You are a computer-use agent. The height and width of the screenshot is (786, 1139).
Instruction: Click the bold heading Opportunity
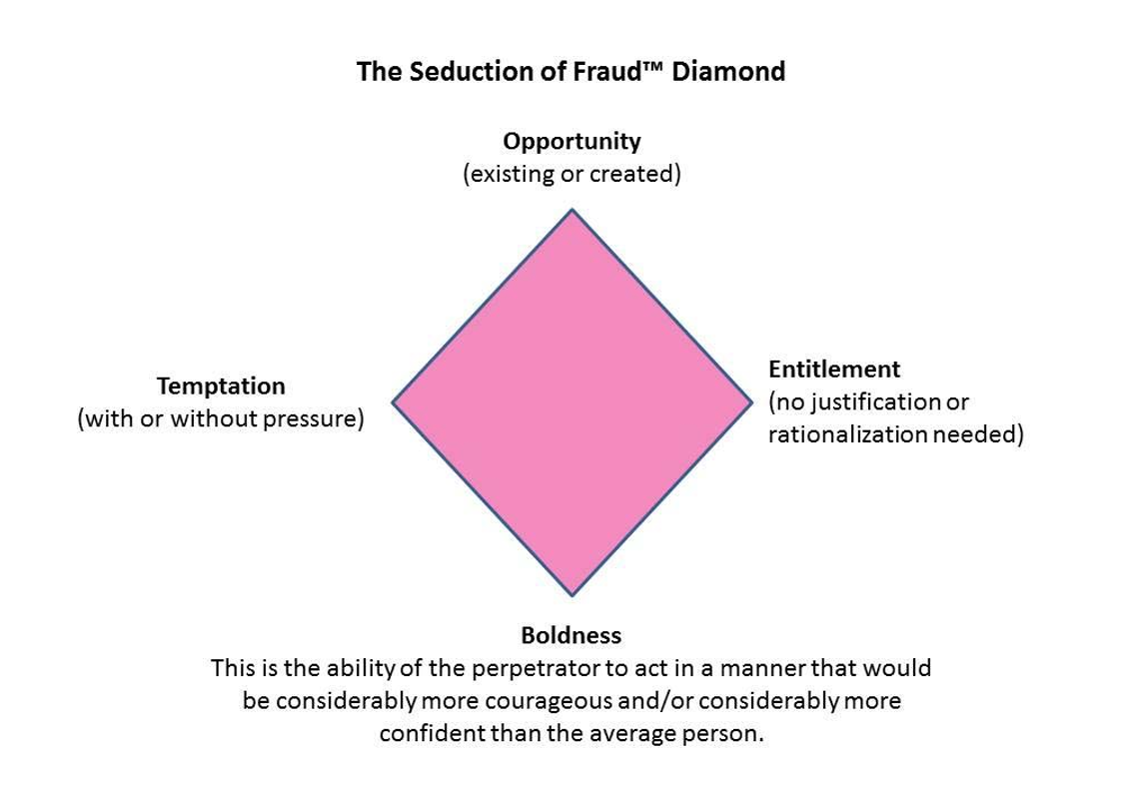pos(571,141)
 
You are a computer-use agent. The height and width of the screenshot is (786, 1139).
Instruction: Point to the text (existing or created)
pos(571,174)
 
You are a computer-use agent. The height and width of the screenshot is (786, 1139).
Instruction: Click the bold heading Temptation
pos(221,386)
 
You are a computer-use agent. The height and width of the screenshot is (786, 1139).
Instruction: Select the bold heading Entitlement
pos(834,369)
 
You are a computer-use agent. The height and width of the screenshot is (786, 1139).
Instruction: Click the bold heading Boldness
pos(571,635)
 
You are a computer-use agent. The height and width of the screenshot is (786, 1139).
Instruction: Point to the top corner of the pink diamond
pos(571,212)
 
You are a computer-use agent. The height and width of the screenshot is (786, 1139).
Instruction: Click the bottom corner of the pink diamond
pos(571,594)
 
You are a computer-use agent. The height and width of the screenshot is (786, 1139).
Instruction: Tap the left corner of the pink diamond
pos(394,402)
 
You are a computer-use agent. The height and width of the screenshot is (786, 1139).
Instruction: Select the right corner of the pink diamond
pos(749,402)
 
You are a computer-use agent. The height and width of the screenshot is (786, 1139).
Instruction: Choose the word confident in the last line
pos(431,733)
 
